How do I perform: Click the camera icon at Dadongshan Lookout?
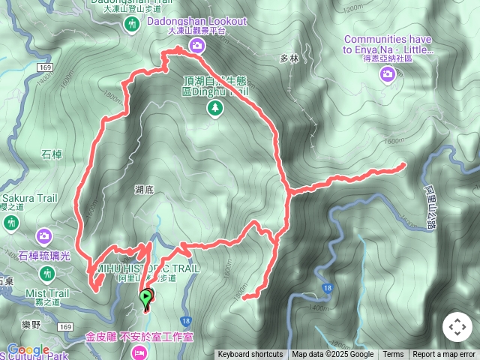click(x=197, y=46)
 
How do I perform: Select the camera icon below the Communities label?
click(x=387, y=73)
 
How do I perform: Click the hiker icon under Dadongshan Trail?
click(x=133, y=25)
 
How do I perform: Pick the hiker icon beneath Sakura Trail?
click(x=11, y=223)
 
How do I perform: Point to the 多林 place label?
click(x=289, y=58)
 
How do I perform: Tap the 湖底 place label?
click(x=145, y=190)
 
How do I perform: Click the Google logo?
click(x=28, y=349)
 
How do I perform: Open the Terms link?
click(x=393, y=355)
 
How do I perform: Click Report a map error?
click(x=444, y=355)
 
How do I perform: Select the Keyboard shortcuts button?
click(x=250, y=355)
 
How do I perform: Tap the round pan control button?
click(x=457, y=327)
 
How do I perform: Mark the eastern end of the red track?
click(x=404, y=163)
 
